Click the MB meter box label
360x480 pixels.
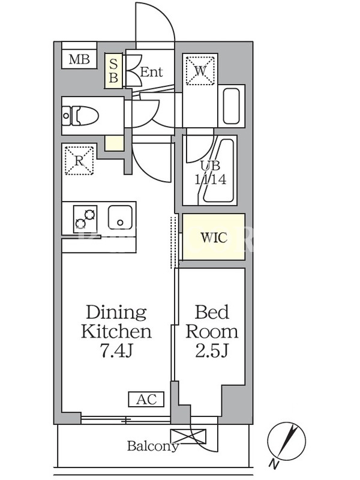[x=79, y=59]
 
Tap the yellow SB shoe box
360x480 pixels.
[x=113, y=71]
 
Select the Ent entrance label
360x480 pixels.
[x=151, y=72]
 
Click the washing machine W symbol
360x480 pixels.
[x=200, y=70]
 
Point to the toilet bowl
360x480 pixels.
[x=80, y=116]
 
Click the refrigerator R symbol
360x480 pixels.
[x=79, y=161]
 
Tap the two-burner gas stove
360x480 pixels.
[x=85, y=219]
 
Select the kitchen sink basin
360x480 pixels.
[x=121, y=217]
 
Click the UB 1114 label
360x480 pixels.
[x=211, y=173]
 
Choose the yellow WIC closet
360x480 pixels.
[x=214, y=237]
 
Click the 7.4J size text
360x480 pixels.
[x=116, y=351]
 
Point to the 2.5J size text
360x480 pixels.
[x=212, y=351]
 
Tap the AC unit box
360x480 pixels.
[x=146, y=400]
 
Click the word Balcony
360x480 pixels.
[x=153, y=446]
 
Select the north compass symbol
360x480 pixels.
[x=287, y=442]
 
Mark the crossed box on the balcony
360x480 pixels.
[x=188, y=436]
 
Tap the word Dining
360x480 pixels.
[x=116, y=313]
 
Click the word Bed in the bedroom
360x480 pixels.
[x=212, y=312]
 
